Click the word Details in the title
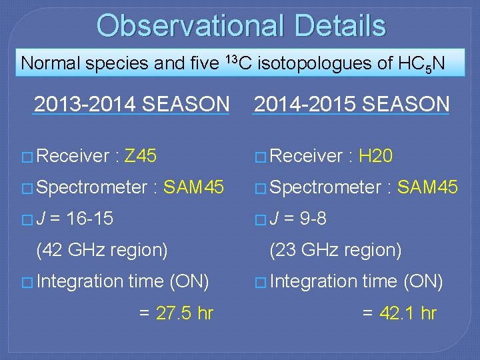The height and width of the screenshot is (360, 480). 343,25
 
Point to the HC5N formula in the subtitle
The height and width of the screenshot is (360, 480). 421,64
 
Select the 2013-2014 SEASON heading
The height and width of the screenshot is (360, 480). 131,105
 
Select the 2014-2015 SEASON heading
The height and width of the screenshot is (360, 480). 351,105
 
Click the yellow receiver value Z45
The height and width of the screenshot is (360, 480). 141,156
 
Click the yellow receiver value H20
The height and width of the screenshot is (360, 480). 375,156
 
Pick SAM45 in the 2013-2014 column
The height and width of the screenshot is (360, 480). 193,188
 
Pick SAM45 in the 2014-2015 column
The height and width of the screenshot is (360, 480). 427,188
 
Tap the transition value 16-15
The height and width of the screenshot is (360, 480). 88,219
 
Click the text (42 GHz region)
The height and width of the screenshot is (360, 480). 102,250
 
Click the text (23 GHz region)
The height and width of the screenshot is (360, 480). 335,250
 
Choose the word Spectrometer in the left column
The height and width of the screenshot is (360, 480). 92,188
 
